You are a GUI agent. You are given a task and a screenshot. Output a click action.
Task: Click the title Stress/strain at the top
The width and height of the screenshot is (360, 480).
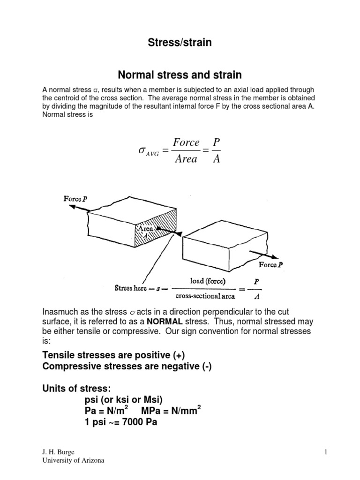(x=180, y=43)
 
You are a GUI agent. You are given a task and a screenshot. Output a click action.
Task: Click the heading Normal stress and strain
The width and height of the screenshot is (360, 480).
(x=180, y=75)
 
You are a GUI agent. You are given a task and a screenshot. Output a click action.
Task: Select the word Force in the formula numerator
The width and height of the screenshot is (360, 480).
(x=186, y=142)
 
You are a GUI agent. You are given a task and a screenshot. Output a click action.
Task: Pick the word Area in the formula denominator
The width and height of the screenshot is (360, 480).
(x=186, y=159)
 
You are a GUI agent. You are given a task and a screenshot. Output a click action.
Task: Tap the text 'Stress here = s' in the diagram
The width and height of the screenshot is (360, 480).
(x=136, y=288)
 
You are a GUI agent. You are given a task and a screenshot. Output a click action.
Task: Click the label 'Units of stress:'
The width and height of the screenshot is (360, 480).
(x=74, y=389)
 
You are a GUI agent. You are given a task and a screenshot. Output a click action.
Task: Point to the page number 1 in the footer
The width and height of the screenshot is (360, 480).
(x=324, y=451)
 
